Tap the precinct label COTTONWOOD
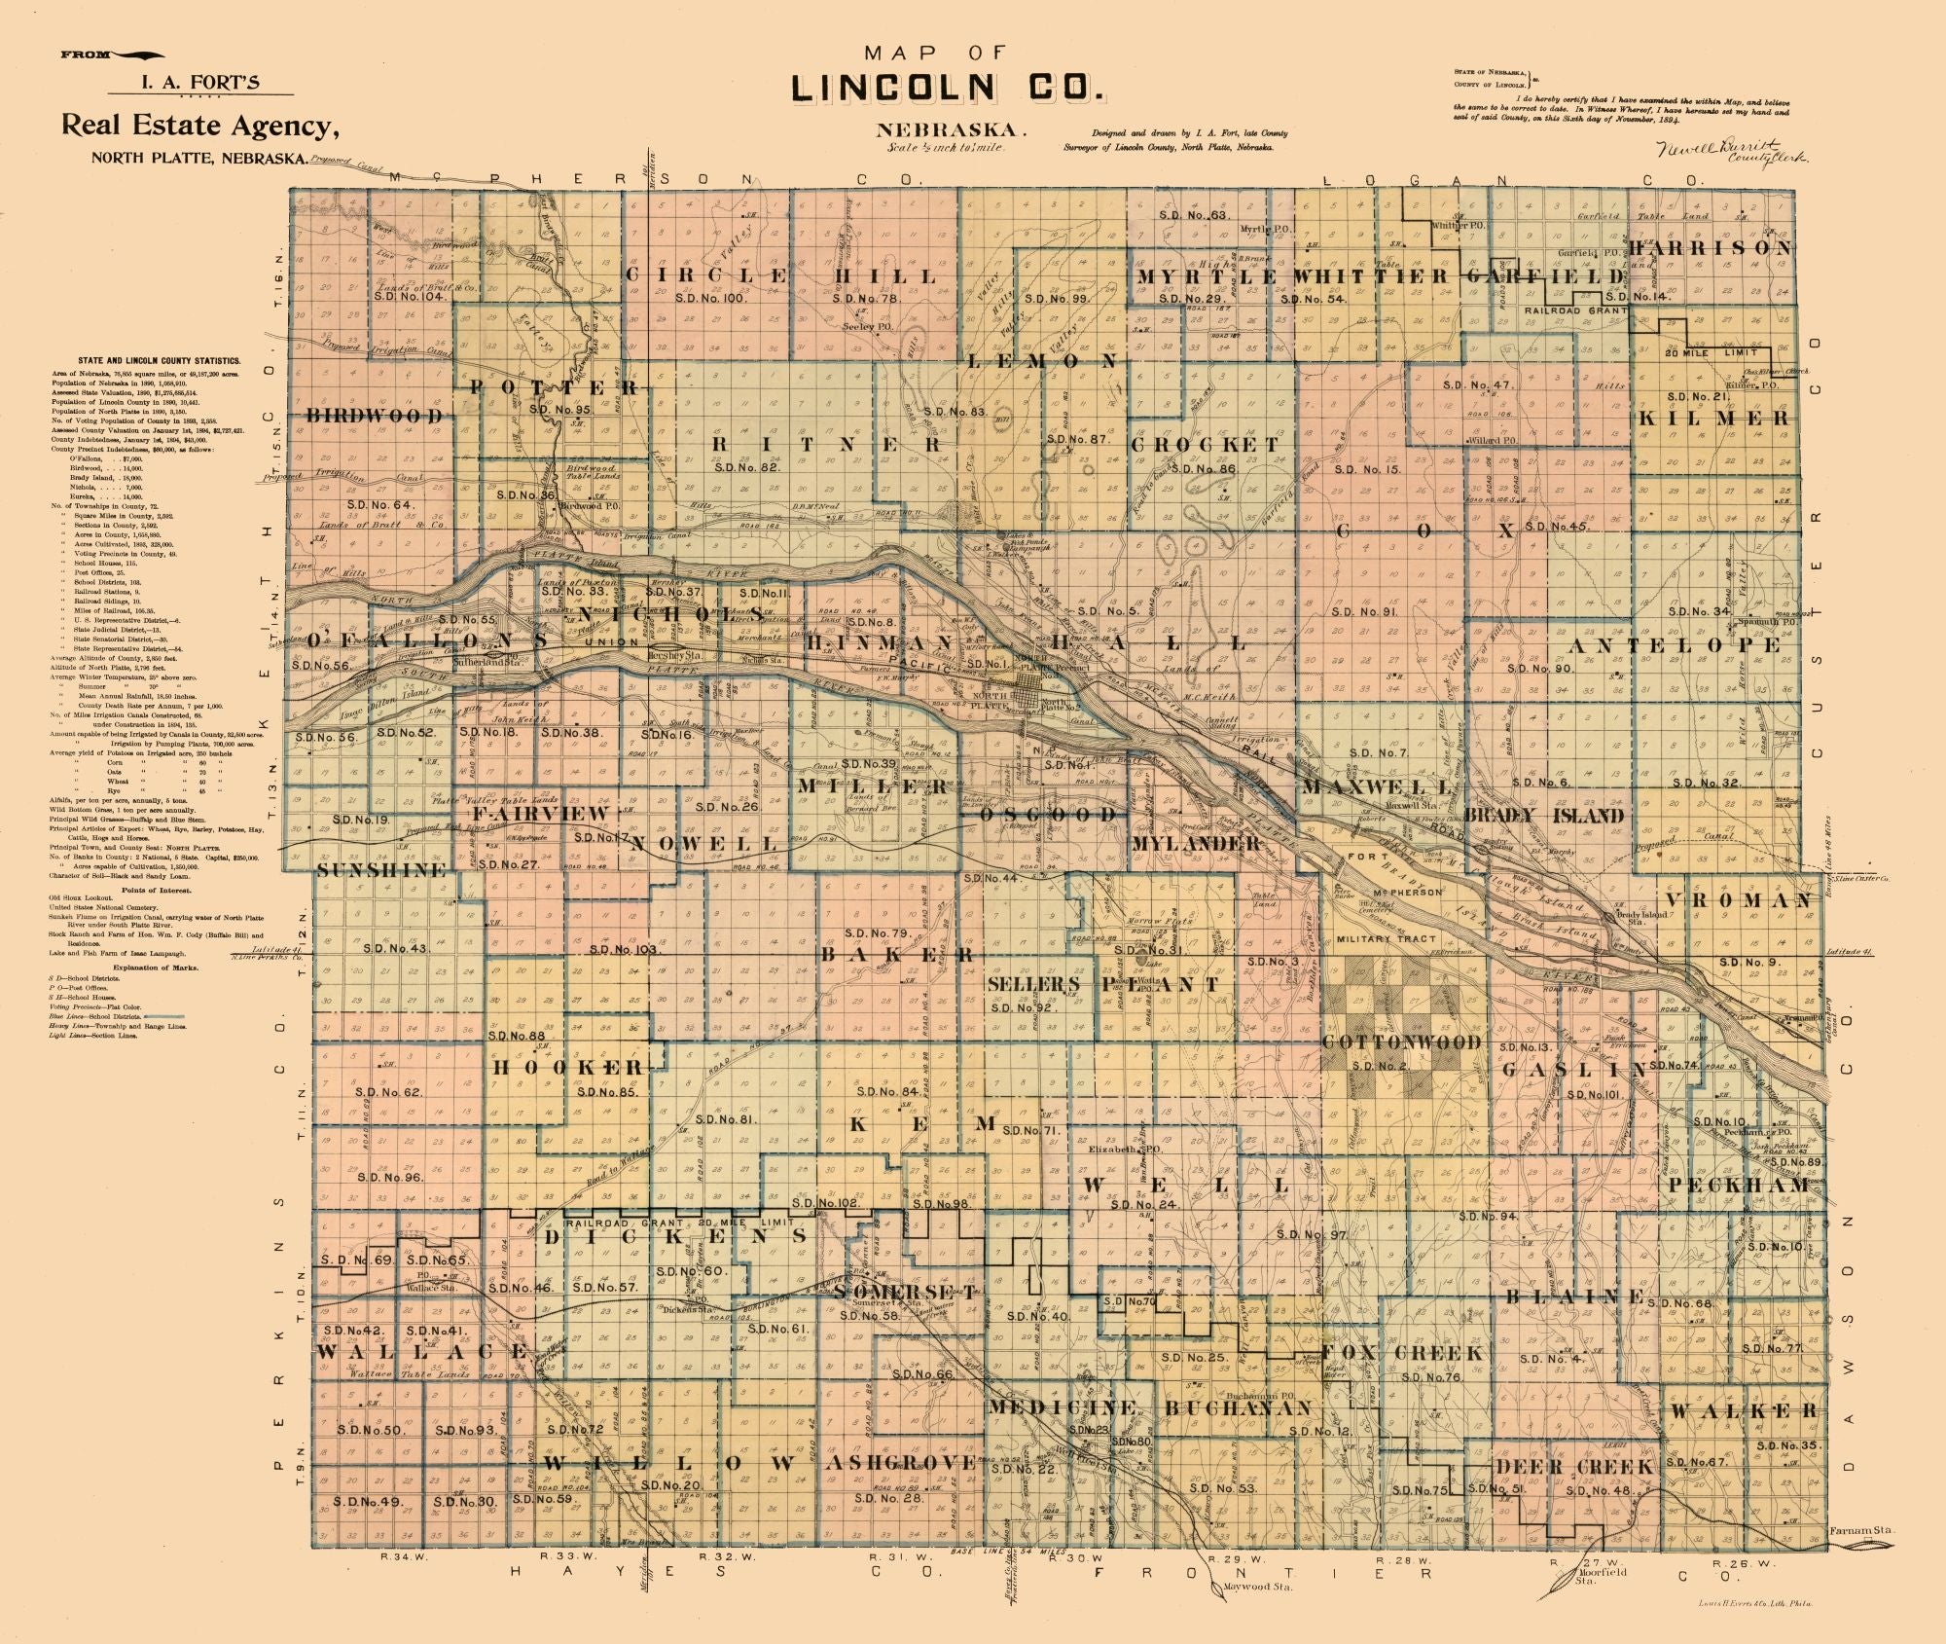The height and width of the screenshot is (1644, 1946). click(x=1400, y=1042)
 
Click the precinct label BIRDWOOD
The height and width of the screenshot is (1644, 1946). click(x=375, y=416)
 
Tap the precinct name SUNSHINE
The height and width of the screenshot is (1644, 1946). click(x=381, y=869)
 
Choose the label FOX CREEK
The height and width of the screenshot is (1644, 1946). click(x=1401, y=1353)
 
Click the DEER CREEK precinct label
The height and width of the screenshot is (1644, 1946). click(x=1573, y=1467)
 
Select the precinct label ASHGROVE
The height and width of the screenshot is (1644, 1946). click(x=900, y=1463)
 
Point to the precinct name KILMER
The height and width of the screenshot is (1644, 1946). click(x=1713, y=419)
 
